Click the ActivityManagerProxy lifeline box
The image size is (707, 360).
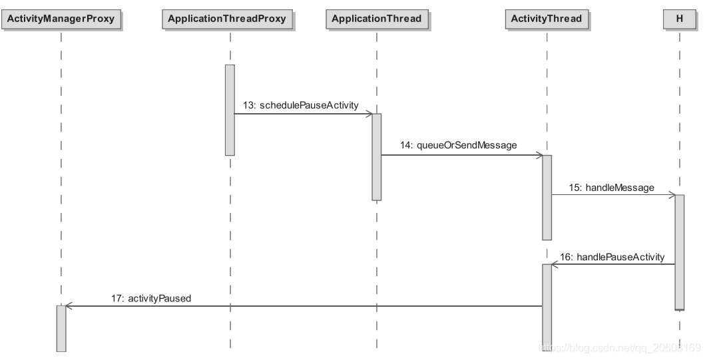pos(61,19)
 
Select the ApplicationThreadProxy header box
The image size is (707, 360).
pos(227,19)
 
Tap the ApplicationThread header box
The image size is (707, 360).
pos(377,19)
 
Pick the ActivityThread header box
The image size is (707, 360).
pos(547,19)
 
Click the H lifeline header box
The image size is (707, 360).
pos(680,19)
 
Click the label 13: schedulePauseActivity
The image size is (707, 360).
pos(301,105)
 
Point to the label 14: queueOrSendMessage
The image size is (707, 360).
pos(458,145)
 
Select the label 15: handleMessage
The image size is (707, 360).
pos(611,188)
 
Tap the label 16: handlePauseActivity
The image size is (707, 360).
pos(612,257)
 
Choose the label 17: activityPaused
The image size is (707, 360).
pos(151,298)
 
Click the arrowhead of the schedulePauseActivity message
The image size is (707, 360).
pos(369,114)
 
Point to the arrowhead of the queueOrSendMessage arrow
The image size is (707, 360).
pos(539,156)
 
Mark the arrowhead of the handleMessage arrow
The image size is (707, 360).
pos(672,195)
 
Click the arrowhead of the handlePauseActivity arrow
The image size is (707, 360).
pos(555,264)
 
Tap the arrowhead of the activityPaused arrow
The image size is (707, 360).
pos(69,306)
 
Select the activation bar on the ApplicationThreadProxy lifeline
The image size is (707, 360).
pos(230,110)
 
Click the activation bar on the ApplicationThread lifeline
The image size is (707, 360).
pos(377,157)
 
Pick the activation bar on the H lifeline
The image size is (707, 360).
pos(680,252)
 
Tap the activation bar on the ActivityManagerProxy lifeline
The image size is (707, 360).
pos(61,329)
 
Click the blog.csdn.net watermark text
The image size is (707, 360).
pos(620,347)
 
